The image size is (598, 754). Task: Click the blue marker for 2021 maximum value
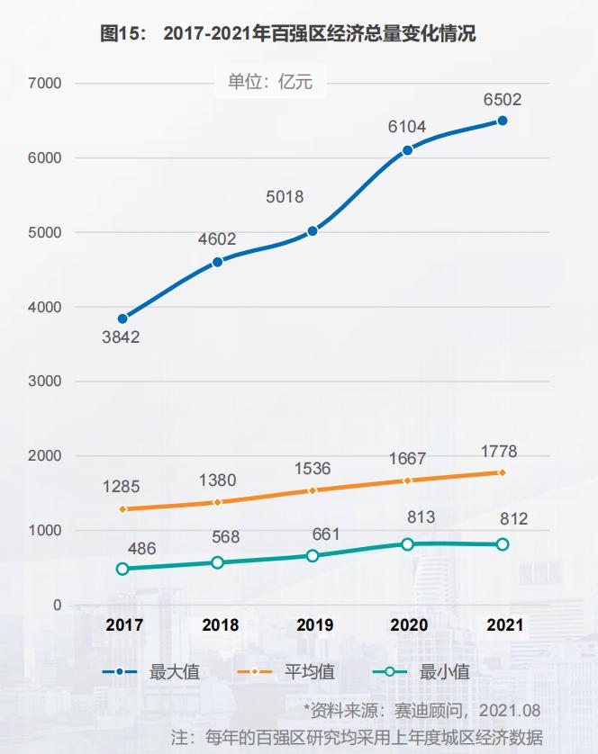(x=502, y=121)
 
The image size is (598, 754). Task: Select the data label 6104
(x=407, y=127)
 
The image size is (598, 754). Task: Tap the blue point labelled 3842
(x=122, y=319)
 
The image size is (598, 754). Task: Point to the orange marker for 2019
(x=313, y=490)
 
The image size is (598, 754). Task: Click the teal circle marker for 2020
(x=407, y=544)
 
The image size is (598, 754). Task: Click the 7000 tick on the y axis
(x=45, y=84)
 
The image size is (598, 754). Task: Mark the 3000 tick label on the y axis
(x=45, y=381)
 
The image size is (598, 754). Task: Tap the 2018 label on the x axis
(x=220, y=624)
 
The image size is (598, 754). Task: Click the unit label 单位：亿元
(x=270, y=82)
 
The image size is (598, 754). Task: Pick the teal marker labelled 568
(x=217, y=562)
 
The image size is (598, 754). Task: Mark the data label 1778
(x=499, y=452)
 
